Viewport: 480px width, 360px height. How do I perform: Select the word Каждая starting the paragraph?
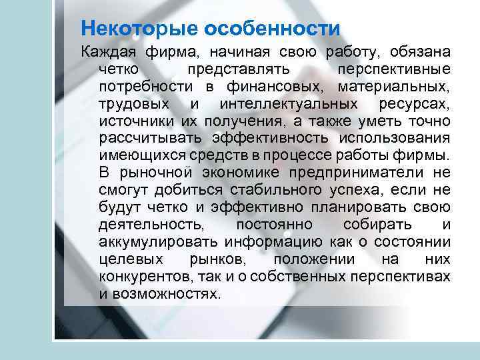(105, 52)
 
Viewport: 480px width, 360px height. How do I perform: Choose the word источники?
(135, 121)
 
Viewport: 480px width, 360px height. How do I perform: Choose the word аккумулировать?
(157, 241)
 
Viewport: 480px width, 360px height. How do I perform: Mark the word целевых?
(125, 259)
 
